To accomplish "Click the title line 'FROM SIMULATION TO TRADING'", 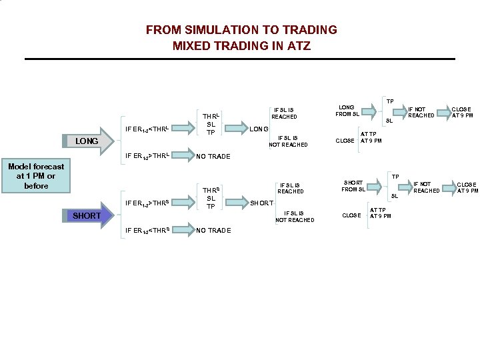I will [241, 30].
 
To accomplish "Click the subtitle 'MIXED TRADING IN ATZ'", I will [241, 46].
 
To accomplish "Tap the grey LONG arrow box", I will [87, 141].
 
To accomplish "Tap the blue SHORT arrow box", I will [87, 215].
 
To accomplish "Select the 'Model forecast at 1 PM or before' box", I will [36, 176].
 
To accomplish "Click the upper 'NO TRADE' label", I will [213, 157].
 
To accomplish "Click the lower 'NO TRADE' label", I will [213, 231].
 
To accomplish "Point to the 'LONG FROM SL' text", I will [347, 111].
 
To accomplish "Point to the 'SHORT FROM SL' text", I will [353, 185].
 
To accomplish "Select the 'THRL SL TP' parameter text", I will [211, 124].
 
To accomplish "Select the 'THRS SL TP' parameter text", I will [211, 198].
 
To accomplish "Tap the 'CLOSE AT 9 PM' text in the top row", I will [461, 112].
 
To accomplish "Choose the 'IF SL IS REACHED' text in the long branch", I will [284, 113].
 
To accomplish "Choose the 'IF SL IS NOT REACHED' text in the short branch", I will [294, 217].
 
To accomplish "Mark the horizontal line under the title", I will [239, 59].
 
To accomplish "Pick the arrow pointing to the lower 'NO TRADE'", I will [180, 231].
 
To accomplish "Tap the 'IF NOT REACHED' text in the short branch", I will [426, 187].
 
